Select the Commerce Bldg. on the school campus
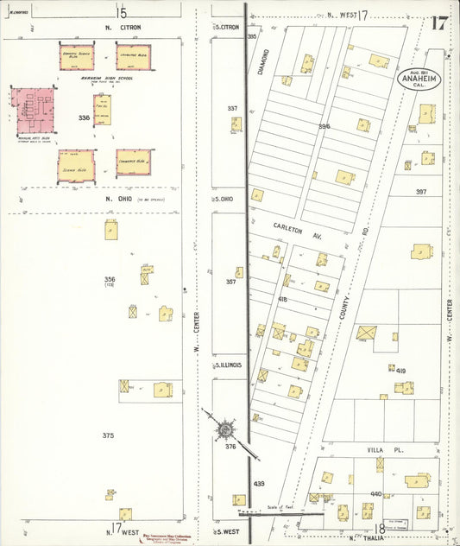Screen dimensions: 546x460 pyautogui.click(x=133, y=162)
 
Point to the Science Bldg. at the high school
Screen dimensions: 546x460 pyautogui.click(x=76, y=164)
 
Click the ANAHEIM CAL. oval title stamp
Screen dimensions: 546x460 pyautogui.click(x=416, y=80)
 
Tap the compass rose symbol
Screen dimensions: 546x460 pyautogui.click(x=224, y=428)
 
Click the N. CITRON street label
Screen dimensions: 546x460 pyautogui.click(x=123, y=28)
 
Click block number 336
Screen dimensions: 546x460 pyautogui.click(x=84, y=117)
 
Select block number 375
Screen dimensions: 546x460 pyautogui.click(x=108, y=435)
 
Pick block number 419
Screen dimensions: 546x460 pyautogui.click(x=400, y=370)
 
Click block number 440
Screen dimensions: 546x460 pyautogui.click(x=375, y=493)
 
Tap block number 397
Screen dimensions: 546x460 pyautogui.click(x=421, y=191)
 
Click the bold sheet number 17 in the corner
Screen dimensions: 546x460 pyautogui.click(x=440, y=22)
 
